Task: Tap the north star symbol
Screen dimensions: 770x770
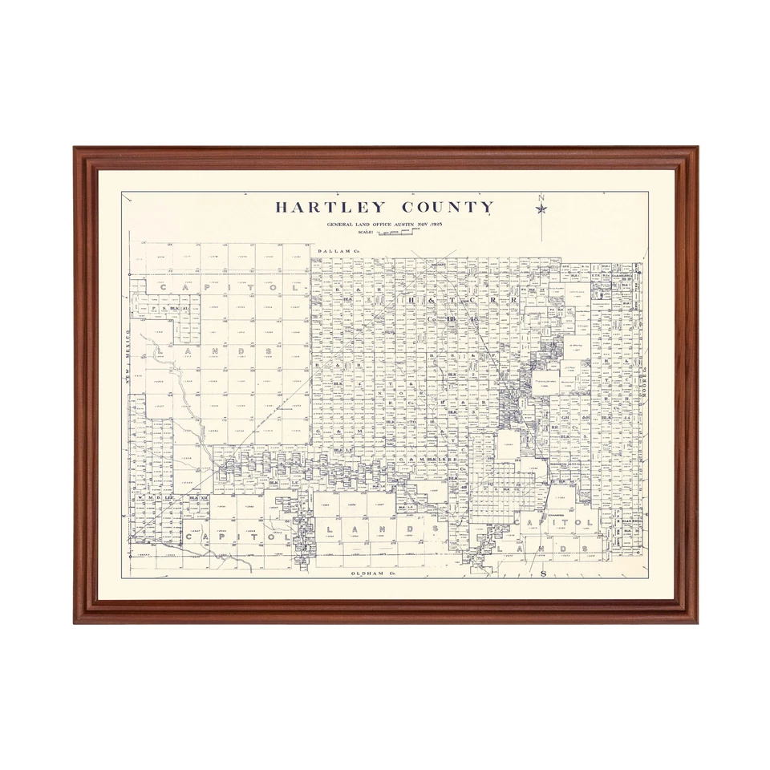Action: [541, 209]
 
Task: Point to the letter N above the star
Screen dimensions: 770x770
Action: [541, 198]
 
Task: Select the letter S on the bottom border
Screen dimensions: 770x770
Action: [542, 574]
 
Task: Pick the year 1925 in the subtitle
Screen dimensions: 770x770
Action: [436, 224]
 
